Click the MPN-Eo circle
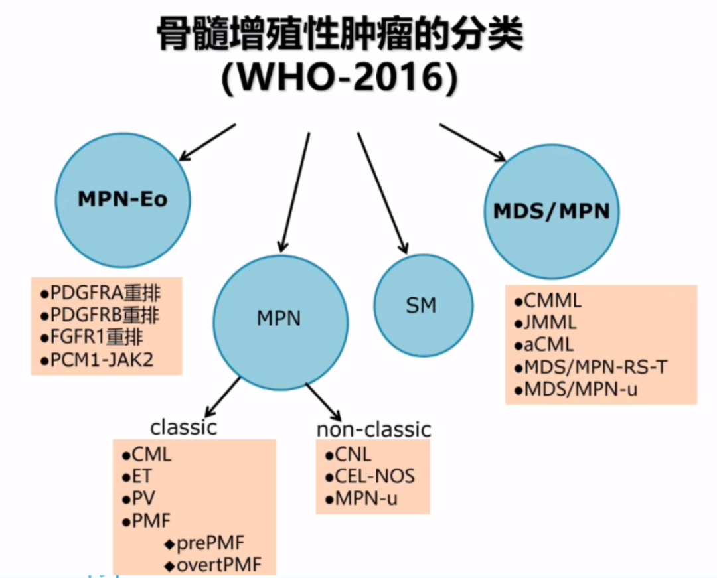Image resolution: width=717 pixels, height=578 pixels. pos(123,200)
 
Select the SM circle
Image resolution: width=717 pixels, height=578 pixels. pos(423,305)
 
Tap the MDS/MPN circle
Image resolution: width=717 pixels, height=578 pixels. pos(552,211)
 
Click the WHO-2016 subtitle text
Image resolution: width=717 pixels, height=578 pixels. pos(339,78)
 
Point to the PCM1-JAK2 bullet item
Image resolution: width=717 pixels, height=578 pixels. pos(97,360)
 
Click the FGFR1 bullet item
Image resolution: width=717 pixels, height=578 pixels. pos(92,338)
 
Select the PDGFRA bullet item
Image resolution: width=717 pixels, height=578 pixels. pos(101,293)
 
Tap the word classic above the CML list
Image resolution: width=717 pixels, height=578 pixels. pos(183,427)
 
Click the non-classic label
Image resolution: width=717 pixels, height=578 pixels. pos(374,429)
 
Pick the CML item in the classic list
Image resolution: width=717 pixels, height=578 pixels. pos(147,455)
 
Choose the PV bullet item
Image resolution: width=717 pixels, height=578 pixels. pos(139,498)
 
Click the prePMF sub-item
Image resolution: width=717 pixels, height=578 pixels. pos(204,543)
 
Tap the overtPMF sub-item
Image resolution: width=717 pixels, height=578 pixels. pos(213,565)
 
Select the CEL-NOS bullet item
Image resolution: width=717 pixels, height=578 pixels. pos(370,476)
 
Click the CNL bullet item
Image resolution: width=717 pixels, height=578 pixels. pos(348,455)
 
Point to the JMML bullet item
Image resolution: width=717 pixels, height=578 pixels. pos(545,323)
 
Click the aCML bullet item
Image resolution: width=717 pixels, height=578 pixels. pos(544,345)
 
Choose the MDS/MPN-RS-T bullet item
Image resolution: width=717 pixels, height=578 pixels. pos(590,367)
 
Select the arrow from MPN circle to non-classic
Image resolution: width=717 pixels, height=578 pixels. pos(323,402)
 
